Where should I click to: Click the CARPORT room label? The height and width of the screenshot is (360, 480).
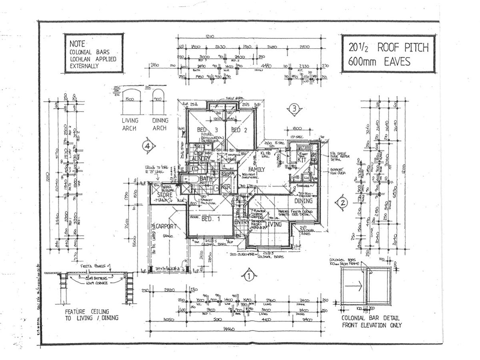point(166,226)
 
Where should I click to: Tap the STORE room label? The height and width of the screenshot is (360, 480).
point(164,195)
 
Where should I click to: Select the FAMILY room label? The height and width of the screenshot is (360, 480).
point(256,169)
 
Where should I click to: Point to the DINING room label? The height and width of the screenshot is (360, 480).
point(304,201)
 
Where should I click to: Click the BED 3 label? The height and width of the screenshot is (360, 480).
point(207,130)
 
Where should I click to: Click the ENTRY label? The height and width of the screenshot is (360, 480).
point(242,222)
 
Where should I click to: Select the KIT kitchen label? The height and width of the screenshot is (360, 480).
point(302,160)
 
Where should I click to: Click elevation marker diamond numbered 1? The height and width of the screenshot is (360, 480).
point(248,275)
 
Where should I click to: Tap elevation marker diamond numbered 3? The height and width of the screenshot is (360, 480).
point(294,108)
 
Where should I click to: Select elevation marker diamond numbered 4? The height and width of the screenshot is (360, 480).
point(148,146)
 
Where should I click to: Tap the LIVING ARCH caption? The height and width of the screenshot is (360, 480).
point(130,124)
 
